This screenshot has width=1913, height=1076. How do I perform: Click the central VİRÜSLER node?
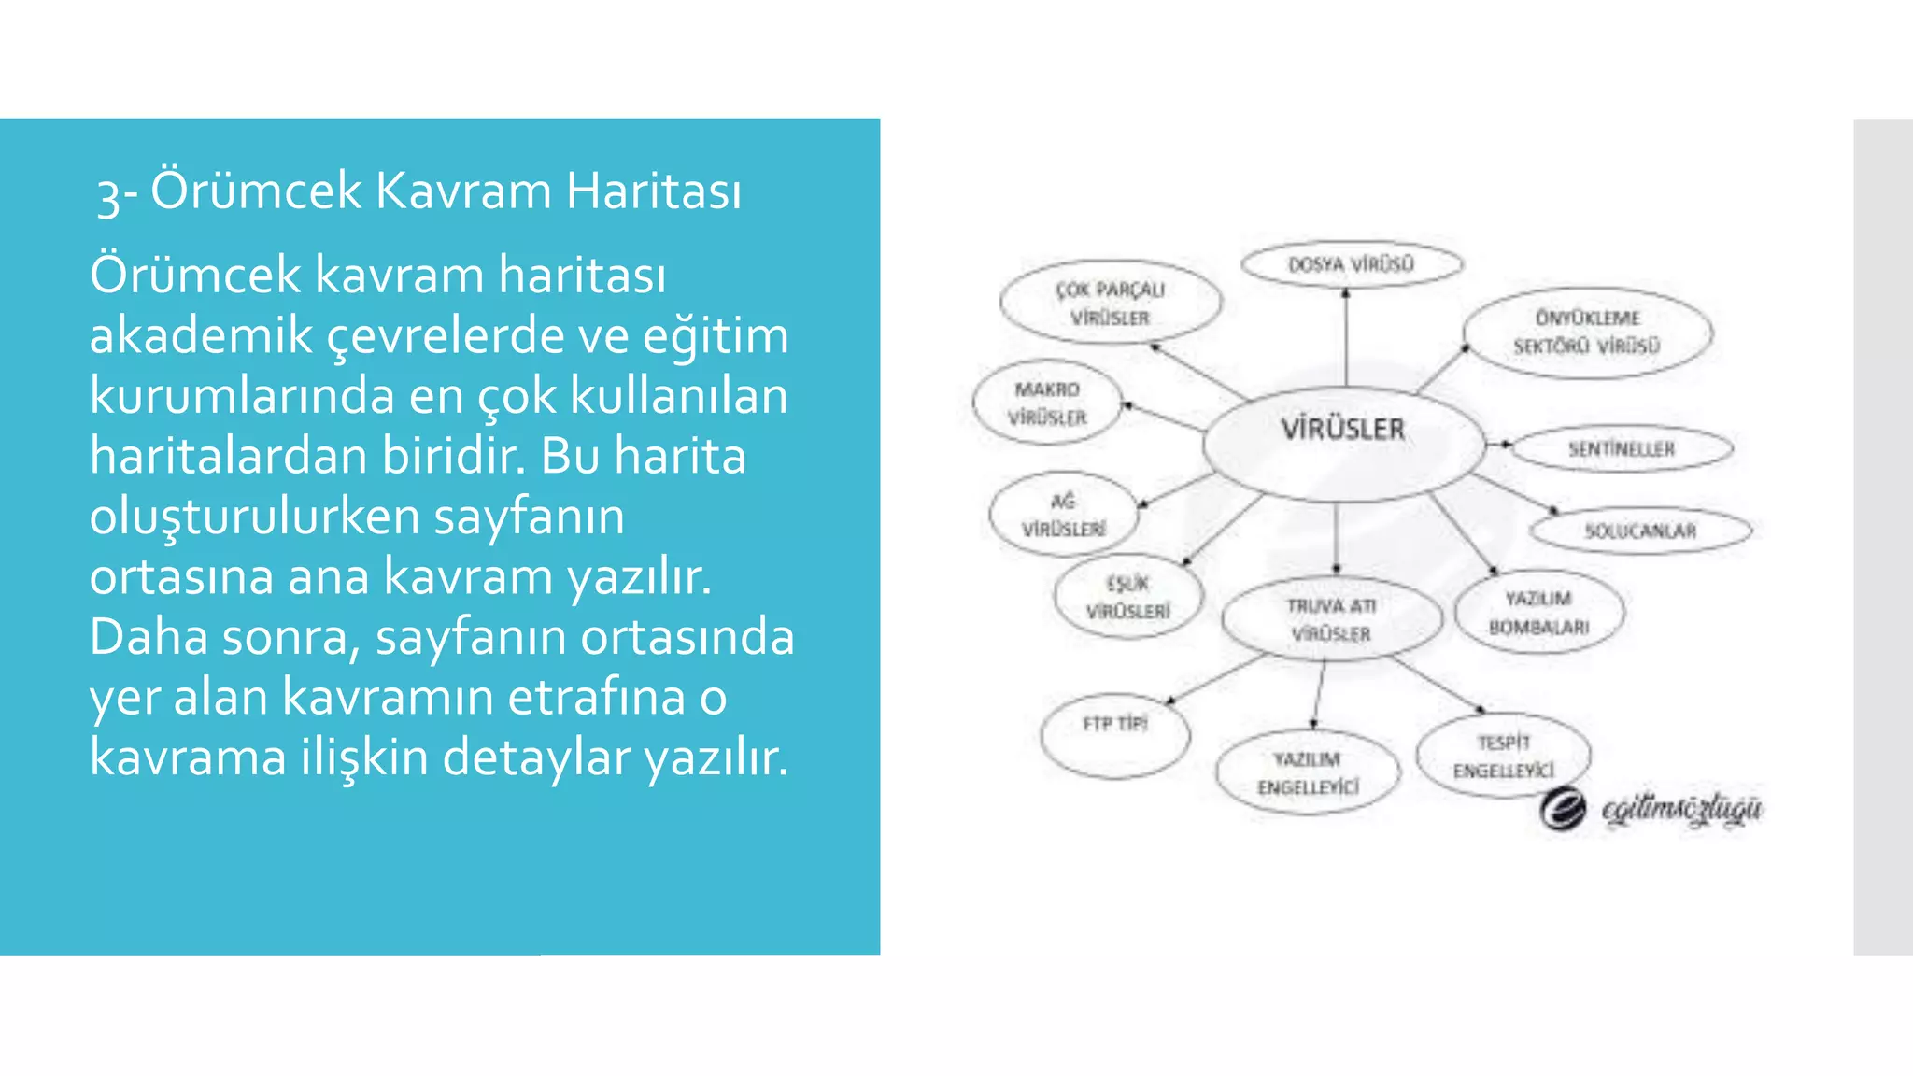coord(1343,445)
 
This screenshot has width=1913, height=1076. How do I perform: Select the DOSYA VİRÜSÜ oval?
coord(1352,264)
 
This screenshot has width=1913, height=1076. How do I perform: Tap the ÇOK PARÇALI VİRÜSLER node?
coord(1110,303)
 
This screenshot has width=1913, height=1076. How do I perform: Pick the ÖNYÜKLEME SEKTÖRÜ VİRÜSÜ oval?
coord(1587,333)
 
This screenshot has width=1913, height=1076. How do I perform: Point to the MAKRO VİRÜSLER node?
coord(1047,403)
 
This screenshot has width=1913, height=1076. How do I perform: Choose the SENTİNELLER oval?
coord(1622,449)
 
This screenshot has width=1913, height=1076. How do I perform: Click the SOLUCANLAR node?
coord(1640,531)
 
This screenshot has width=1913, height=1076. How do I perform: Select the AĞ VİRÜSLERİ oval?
coord(1064,515)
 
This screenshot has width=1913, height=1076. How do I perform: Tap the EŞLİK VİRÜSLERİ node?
coord(1127,597)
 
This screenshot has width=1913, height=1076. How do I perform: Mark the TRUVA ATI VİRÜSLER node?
coord(1331,619)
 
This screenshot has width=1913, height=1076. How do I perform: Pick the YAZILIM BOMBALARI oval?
coord(1538,612)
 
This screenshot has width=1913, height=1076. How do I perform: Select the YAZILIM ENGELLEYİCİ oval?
coord(1308,772)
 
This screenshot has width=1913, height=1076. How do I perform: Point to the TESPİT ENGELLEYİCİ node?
coord(1503,756)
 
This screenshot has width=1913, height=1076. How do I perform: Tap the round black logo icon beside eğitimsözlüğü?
coord(1563,809)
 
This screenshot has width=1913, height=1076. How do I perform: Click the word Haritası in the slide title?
coord(654,191)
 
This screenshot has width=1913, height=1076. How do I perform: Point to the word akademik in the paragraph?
coord(201,336)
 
